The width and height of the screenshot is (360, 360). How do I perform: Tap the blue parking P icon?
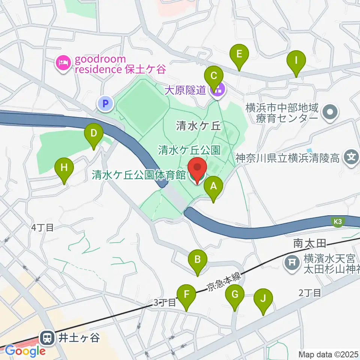[x=105, y=103]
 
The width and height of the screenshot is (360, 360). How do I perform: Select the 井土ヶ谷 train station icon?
[x=48, y=338]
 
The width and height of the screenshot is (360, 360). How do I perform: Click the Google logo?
[x=25, y=351]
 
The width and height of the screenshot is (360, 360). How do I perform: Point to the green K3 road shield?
[x=337, y=222]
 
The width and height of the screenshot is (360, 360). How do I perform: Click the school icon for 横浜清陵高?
[x=351, y=156]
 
